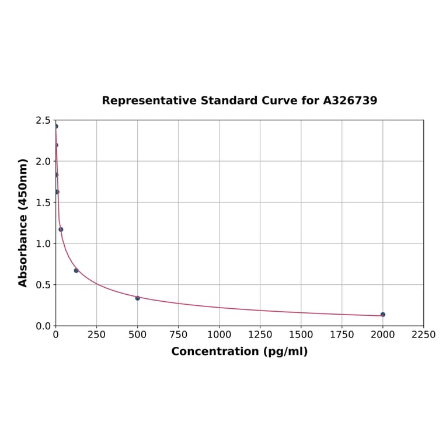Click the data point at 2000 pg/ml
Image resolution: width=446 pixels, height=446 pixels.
[x=383, y=315]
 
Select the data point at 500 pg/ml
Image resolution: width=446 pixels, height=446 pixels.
[x=138, y=298]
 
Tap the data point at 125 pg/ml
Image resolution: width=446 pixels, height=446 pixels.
[x=76, y=270]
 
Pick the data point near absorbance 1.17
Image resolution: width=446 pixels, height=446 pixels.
[x=61, y=229]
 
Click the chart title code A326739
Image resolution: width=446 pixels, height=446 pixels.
[x=350, y=100]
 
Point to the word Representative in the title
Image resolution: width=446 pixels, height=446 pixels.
[x=149, y=100]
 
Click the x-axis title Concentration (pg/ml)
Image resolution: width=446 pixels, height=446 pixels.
[x=239, y=351]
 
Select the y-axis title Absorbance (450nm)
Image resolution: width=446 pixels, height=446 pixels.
[x=23, y=222]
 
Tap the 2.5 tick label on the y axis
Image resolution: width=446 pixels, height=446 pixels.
[x=43, y=120]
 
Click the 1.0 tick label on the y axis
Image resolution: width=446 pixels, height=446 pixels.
[x=43, y=243]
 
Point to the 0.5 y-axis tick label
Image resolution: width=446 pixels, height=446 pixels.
[x=43, y=285]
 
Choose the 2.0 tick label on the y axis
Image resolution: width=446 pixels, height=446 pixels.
[x=43, y=161]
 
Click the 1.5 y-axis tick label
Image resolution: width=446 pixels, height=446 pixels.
[x=43, y=203]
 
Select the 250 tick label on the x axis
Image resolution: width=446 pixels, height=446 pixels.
[x=97, y=334]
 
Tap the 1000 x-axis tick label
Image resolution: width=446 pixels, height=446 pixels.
[x=219, y=334]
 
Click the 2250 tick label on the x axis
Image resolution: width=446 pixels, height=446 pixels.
[x=424, y=334]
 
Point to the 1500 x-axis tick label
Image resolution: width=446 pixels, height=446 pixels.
[x=301, y=334]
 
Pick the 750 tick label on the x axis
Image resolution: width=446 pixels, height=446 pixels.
[x=179, y=334]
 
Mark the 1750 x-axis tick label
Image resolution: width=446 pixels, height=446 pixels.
[x=342, y=334]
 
